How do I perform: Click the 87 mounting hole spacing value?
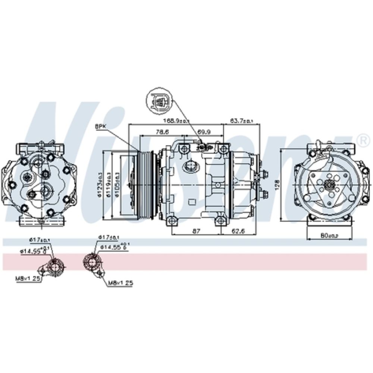click(x=195, y=231)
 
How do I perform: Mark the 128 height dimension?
click(x=276, y=184)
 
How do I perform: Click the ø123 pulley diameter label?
click(x=100, y=184)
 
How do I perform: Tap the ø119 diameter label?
click(x=109, y=184)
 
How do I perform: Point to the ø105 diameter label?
click(x=117, y=184)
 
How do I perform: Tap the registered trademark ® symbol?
click(x=361, y=140)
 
